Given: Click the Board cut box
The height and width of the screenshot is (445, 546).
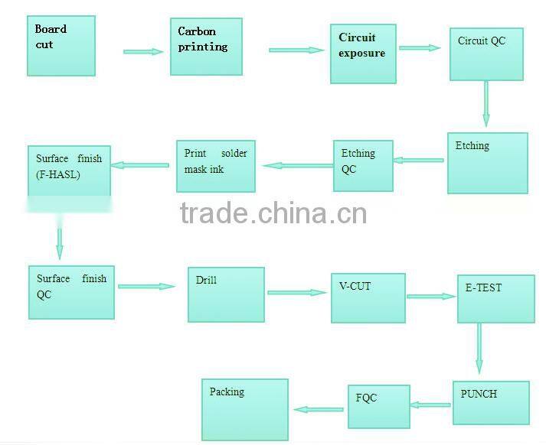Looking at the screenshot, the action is (x=61, y=46).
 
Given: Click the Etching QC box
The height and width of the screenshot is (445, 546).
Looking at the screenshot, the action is (x=362, y=165).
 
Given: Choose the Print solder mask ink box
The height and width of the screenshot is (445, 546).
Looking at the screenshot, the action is (x=216, y=166).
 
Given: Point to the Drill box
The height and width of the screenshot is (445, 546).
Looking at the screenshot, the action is (x=226, y=294).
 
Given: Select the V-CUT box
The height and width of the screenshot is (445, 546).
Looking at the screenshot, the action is (x=368, y=297).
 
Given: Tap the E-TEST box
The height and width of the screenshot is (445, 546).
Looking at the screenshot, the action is (x=495, y=298).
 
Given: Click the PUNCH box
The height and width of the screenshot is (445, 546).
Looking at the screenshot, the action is (x=490, y=402).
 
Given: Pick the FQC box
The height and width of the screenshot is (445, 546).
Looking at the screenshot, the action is (x=378, y=406).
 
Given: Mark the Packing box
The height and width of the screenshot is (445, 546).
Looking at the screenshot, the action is (x=245, y=409).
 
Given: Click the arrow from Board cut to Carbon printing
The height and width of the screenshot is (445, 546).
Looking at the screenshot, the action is (x=143, y=51).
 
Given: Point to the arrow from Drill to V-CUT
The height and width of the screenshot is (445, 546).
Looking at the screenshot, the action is (x=297, y=291).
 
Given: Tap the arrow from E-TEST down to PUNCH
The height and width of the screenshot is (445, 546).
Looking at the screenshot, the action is (x=479, y=348).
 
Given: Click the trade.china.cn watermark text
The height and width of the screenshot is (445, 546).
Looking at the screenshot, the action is (x=273, y=213).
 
